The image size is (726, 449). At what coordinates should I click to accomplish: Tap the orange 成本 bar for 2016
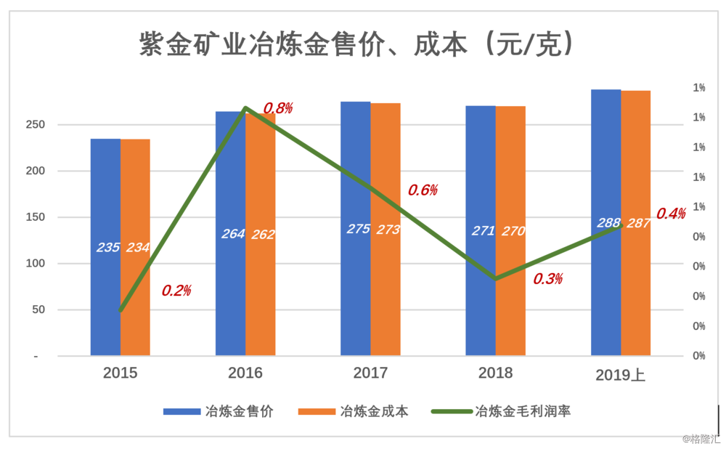(x=261, y=291)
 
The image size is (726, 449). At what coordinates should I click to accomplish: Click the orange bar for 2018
(x=510, y=291)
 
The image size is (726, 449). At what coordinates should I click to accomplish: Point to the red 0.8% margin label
(x=277, y=108)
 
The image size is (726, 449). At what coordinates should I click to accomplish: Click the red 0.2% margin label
(x=176, y=291)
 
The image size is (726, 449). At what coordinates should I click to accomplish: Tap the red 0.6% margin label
(x=423, y=190)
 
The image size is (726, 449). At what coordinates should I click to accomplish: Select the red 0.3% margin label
(x=548, y=279)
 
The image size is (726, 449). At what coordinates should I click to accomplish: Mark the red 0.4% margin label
(x=671, y=214)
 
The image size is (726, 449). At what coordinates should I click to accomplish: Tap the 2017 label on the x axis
(x=370, y=373)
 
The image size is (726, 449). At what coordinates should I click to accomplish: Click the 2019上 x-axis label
(x=620, y=375)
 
